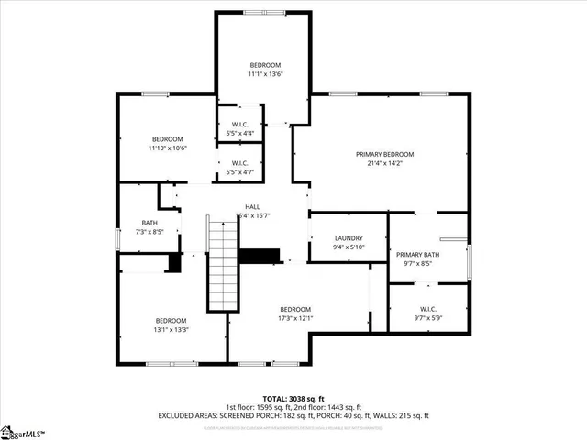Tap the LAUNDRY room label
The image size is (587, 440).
348,237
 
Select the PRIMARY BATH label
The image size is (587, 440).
417,254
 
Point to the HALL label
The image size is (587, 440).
252,207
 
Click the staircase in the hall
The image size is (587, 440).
220,266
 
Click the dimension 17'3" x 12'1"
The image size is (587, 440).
295,319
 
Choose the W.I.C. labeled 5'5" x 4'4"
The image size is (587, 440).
240,133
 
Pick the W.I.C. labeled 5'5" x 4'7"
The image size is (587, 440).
240,171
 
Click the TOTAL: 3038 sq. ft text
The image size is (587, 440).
293,399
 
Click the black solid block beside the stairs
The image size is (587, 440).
259,256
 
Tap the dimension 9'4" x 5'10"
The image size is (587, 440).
348,247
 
